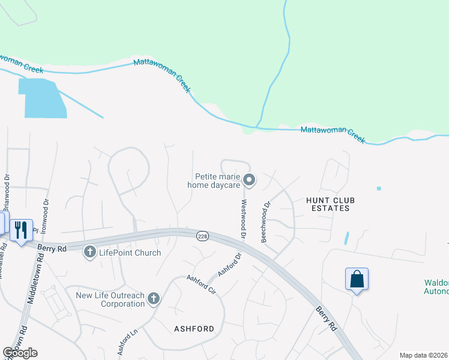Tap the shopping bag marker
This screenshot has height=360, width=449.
click(x=357, y=279)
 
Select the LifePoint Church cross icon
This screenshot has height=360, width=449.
click(x=90, y=252)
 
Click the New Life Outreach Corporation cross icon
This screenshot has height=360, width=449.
click(x=154, y=298)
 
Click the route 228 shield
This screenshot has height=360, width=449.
click(x=202, y=237)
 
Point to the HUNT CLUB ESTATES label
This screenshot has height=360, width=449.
click(x=327, y=204)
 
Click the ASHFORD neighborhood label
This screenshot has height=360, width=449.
click(x=194, y=329)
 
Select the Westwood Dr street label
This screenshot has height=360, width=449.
click(x=244, y=220)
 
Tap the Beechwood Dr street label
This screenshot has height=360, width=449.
click(x=265, y=222)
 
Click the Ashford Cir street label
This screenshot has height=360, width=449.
click(x=200, y=285)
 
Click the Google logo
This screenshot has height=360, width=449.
click(x=20, y=352)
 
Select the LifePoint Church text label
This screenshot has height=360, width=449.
click(x=130, y=253)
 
